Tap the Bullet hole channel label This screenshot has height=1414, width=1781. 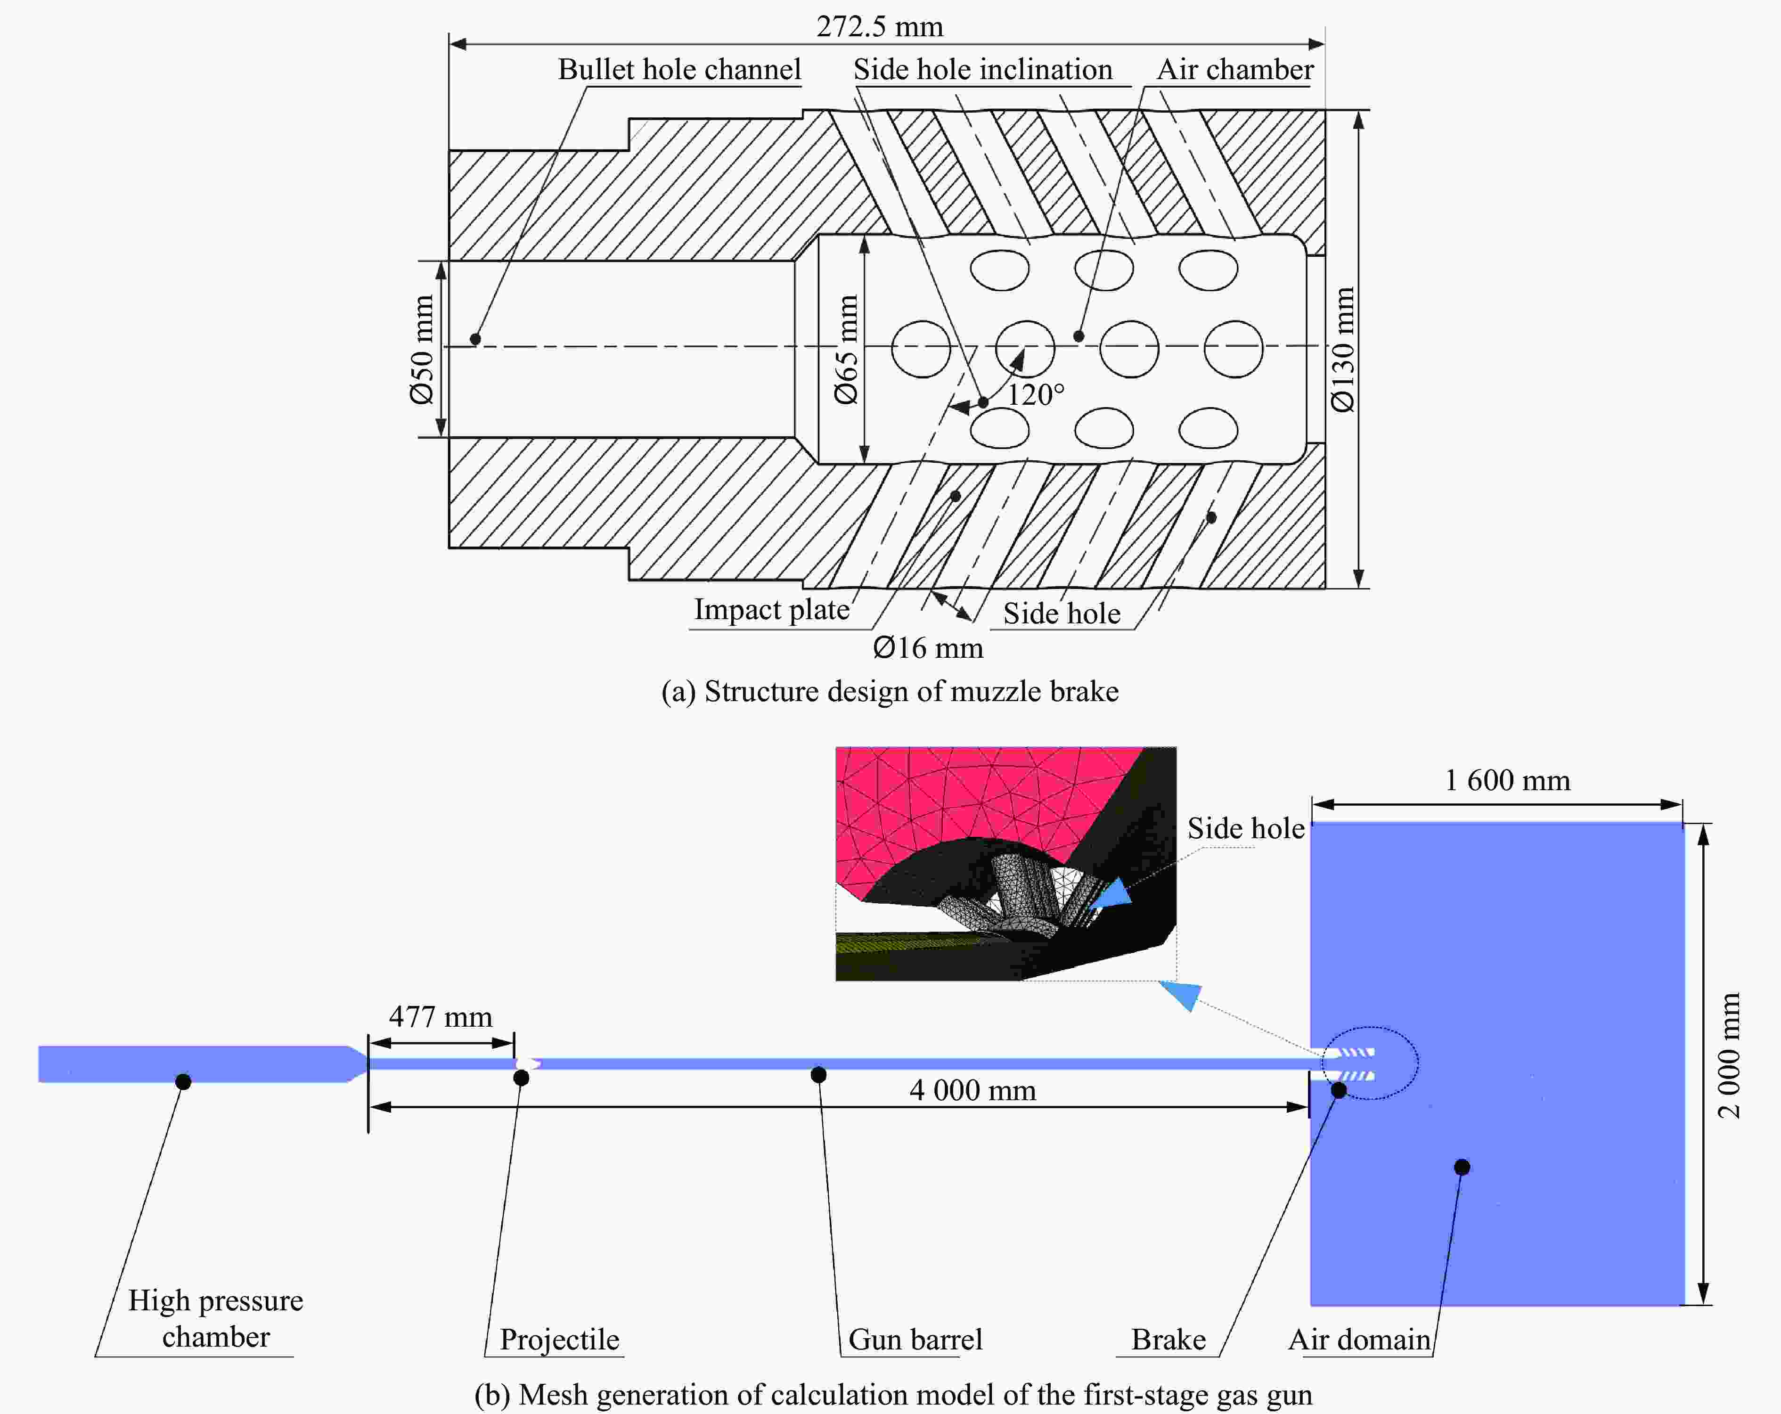point(679,69)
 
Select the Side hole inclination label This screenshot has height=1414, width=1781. point(982,69)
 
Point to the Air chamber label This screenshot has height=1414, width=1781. point(1234,69)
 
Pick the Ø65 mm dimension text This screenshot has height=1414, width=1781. point(846,349)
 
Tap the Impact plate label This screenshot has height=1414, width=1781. point(771,610)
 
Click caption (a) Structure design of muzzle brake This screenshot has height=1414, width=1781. point(890,691)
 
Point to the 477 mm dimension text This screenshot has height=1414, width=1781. point(440,1017)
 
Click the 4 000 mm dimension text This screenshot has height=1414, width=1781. point(972,1090)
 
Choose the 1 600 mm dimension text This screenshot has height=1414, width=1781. point(1507,781)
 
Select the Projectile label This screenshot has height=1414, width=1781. point(559,1339)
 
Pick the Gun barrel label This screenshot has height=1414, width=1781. point(915,1339)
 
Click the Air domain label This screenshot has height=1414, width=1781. point(1359,1339)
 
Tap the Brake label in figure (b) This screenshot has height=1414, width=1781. point(1168,1339)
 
